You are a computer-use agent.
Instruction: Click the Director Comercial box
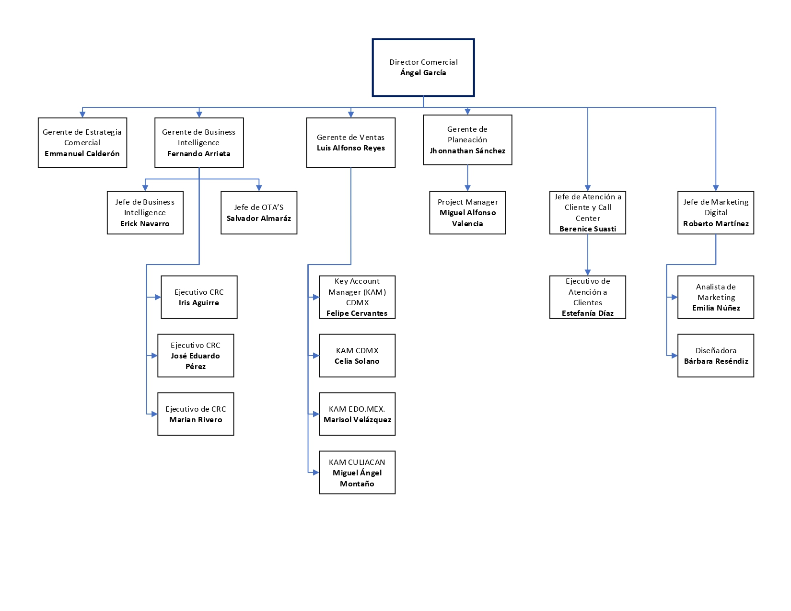[x=423, y=68]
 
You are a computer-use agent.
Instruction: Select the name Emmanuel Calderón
[x=82, y=154]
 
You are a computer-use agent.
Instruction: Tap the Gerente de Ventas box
[x=350, y=143]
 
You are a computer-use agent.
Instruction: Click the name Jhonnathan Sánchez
[x=467, y=151]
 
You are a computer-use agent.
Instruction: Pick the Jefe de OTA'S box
[x=259, y=213]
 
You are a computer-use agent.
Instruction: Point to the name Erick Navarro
[x=145, y=224]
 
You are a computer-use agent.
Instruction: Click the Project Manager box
[x=467, y=213]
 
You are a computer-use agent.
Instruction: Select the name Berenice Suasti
[x=587, y=229]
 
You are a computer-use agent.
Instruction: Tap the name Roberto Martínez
[x=716, y=224]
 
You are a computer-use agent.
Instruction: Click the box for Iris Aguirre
[x=199, y=297]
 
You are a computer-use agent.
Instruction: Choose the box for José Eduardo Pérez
[x=196, y=356]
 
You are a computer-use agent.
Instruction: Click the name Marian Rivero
[x=196, y=420]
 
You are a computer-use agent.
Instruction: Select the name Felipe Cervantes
[x=357, y=313]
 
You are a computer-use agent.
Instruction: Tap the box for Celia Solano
[x=357, y=356]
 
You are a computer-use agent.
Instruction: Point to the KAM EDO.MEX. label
[x=357, y=409]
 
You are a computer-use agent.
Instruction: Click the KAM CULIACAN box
[x=357, y=473]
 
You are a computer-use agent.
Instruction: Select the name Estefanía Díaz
[x=587, y=313]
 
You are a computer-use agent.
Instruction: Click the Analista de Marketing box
[x=716, y=297]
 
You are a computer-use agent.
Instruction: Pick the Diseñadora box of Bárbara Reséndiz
[x=716, y=356]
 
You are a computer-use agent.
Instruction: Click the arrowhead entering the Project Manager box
[x=467, y=188]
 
